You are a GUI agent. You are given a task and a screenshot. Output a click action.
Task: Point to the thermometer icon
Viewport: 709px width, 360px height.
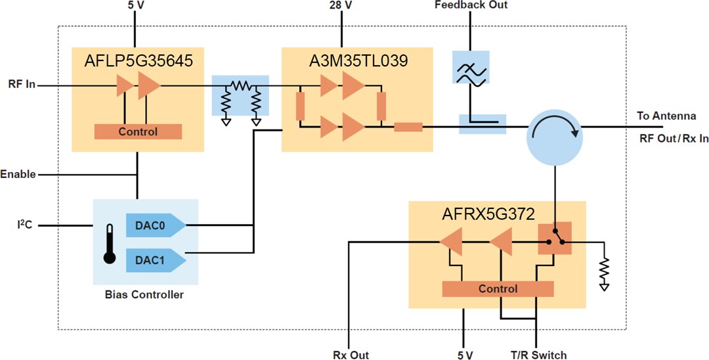pos(110,242)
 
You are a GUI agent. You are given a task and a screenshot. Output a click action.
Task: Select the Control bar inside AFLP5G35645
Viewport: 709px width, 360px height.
pos(138,131)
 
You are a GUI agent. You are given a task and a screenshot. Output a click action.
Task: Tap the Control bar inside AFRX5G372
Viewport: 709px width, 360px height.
pos(498,288)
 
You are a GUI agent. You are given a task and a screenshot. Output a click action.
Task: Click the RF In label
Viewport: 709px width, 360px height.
pos(22,85)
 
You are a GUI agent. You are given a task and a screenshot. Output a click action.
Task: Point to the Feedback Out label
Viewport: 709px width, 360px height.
pos(471,5)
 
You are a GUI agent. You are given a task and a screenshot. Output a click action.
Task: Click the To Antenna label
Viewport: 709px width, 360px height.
pos(666,116)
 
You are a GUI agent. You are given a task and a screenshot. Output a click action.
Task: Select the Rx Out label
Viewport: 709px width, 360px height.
pos(351,355)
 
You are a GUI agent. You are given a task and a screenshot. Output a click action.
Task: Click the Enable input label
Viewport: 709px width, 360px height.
pos(18,174)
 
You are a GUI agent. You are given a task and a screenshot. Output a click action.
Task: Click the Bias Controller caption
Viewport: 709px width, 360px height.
pos(144,294)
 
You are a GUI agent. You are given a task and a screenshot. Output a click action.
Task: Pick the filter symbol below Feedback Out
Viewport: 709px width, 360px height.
pos(471,66)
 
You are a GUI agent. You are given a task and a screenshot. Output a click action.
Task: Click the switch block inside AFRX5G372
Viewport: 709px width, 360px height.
pos(555,242)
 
